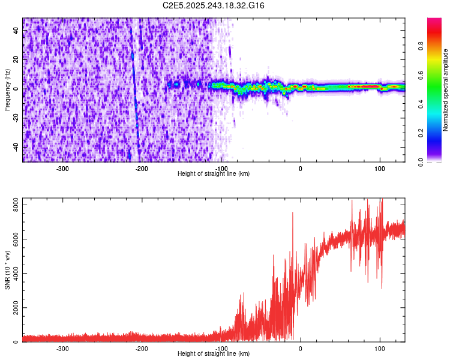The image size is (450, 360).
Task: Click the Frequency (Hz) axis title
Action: pos(7,89)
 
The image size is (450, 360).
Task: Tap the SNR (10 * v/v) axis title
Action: pos(7,270)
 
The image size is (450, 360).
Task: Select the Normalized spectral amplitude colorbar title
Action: pos(446,90)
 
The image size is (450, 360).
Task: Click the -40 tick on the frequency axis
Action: pos(16,147)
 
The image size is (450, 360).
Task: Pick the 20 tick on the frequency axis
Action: pos(17,59)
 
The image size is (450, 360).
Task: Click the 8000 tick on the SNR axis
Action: pos(12,205)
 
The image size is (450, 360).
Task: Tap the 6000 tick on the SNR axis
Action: pos(12,239)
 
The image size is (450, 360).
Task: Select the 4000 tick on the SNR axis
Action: pos(12,274)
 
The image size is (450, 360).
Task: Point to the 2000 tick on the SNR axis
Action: pos(12,308)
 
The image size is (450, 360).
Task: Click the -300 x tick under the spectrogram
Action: pos(63,168)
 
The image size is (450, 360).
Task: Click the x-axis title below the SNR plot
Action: pos(214,354)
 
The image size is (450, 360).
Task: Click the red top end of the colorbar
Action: pos(434,21)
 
